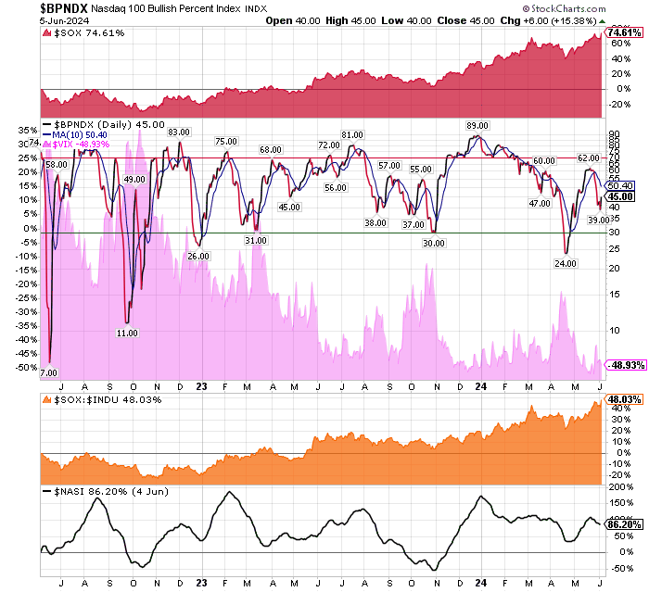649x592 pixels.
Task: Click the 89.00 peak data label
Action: [477, 125]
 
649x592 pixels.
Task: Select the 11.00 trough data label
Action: [128, 332]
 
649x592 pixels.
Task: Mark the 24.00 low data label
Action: [566, 264]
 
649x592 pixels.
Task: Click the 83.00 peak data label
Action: [179, 132]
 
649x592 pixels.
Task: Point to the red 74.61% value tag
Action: [624, 32]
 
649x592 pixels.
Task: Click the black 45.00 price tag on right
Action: [620, 196]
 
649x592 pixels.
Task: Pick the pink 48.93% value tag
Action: [624, 365]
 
